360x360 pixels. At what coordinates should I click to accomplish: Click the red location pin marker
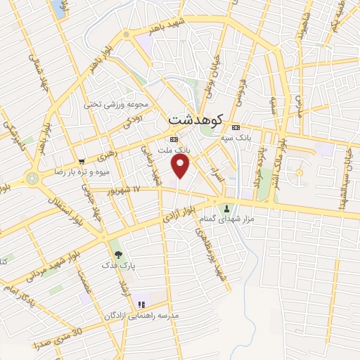(181, 166)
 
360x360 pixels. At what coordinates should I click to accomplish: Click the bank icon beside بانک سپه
(235, 127)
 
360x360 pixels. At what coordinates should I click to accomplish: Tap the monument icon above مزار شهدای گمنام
(226, 208)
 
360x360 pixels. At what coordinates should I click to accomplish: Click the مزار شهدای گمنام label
(227, 220)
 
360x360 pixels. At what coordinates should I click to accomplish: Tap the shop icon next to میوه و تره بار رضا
(82, 161)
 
